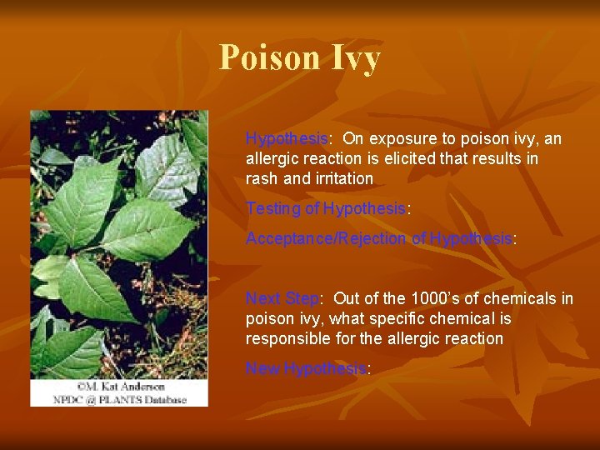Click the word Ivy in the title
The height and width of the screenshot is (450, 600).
pos(356,57)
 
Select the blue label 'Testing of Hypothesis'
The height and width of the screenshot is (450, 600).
pos(325,208)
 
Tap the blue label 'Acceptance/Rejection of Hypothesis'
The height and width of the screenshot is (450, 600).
pos(378,238)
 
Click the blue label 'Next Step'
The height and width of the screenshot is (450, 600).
pos(282,298)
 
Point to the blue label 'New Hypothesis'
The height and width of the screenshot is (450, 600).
pos(306,368)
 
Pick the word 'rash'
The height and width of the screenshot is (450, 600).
pos(262,178)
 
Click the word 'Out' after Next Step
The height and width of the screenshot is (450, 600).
pos(347,298)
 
